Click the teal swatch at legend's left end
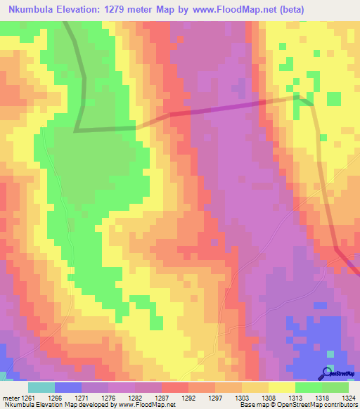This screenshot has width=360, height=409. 41,387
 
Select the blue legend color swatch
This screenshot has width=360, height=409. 68,387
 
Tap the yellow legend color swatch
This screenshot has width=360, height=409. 281,387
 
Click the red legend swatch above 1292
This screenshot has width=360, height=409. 175,387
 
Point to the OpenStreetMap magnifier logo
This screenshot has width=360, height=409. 328,373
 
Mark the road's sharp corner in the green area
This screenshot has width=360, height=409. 77,129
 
